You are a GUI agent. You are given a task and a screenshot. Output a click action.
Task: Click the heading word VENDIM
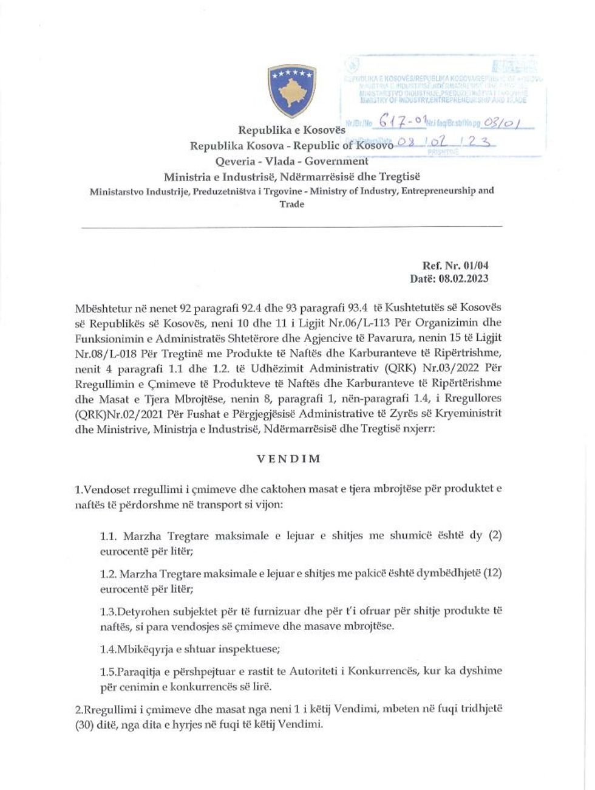[x=288, y=459]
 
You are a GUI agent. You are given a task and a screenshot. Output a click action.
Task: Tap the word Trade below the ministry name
[x=291, y=204]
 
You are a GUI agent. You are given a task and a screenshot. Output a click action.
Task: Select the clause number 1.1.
[x=108, y=537]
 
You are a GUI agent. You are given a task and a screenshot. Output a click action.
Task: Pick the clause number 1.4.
[x=108, y=648]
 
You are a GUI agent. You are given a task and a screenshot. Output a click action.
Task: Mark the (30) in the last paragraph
[x=86, y=726]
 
